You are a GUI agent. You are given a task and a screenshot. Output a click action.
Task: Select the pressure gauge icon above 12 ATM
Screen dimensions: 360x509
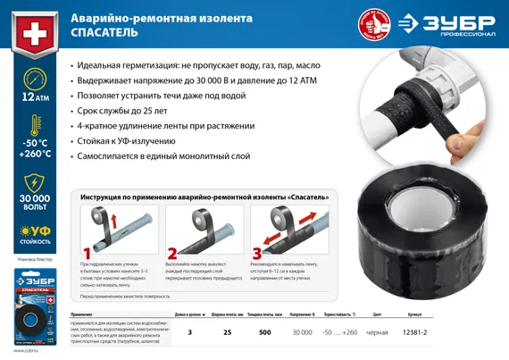pos(29,78)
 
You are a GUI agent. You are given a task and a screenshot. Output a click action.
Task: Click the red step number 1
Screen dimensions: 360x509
pos(87,252)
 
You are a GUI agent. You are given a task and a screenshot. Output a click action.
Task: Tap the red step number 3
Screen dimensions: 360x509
pos(257,252)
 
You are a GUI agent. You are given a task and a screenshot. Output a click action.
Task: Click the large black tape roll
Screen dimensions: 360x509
pos(401,214)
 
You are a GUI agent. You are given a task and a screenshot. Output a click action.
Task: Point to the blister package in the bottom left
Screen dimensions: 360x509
pos(30,309)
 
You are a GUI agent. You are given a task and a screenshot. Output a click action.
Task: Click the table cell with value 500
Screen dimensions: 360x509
pos(265,333)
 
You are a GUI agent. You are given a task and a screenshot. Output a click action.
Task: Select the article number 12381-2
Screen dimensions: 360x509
pos(416,333)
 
